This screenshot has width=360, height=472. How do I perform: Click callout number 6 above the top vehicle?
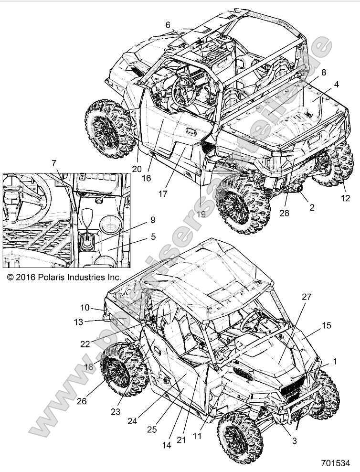pos(168,25)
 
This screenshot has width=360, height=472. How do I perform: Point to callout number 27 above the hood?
pos(306,297)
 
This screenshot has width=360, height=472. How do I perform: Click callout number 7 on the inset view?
pos(54,162)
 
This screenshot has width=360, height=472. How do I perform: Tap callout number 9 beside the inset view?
pos(152,220)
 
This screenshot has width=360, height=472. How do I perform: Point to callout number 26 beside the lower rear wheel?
pos(82,401)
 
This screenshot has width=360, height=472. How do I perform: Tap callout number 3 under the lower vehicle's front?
pos(294,441)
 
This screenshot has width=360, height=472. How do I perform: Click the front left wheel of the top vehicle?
pos(109,129)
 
